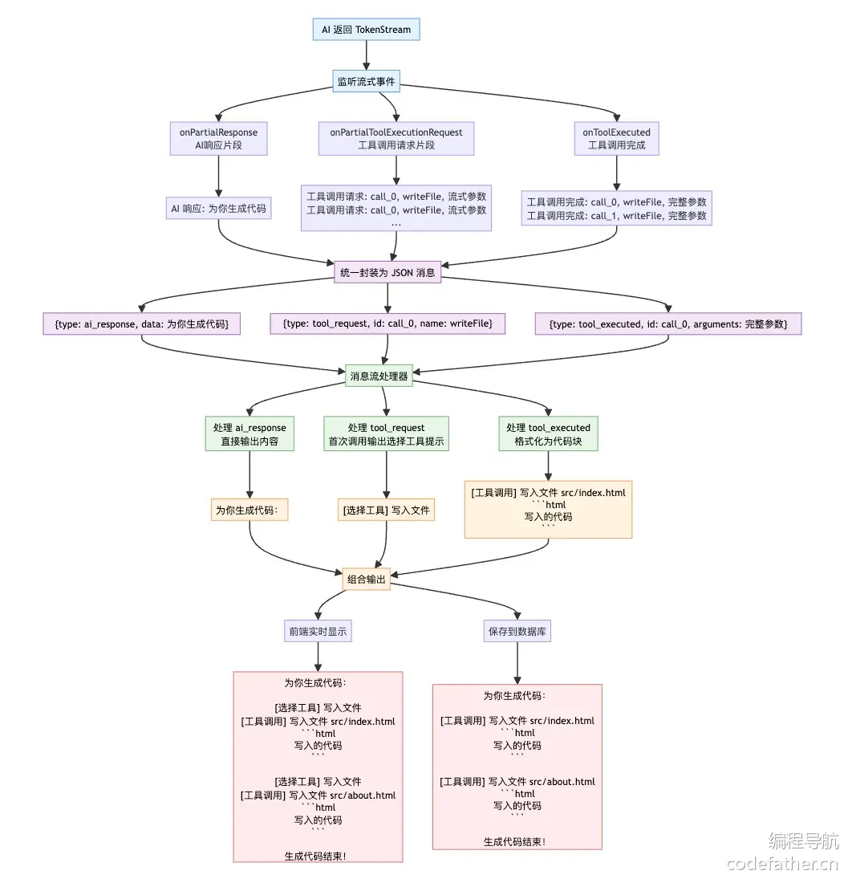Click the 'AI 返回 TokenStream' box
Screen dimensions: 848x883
point(367,29)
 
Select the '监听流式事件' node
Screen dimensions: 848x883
point(367,82)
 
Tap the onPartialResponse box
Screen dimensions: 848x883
point(218,139)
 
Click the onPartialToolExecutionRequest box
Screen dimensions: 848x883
point(396,139)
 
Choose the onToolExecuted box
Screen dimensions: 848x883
point(617,139)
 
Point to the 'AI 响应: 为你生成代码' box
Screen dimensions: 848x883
point(218,209)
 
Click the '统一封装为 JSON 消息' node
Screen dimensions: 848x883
point(387,273)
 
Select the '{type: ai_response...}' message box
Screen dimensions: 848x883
point(142,323)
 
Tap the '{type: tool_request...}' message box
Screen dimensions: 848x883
point(387,323)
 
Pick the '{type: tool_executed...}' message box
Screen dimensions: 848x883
point(668,323)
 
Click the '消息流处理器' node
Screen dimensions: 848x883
point(379,376)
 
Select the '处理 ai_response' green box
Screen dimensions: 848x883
point(250,433)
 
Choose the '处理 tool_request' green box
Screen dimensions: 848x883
point(387,433)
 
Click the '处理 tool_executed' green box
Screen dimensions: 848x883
point(549,433)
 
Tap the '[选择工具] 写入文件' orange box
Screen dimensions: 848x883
point(386,510)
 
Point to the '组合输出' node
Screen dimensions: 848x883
point(367,579)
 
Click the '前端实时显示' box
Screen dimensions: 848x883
point(318,631)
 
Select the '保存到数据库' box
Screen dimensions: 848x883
point(517,631)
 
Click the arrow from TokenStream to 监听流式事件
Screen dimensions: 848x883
point(367,55)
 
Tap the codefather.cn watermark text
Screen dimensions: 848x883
point(783,863)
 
